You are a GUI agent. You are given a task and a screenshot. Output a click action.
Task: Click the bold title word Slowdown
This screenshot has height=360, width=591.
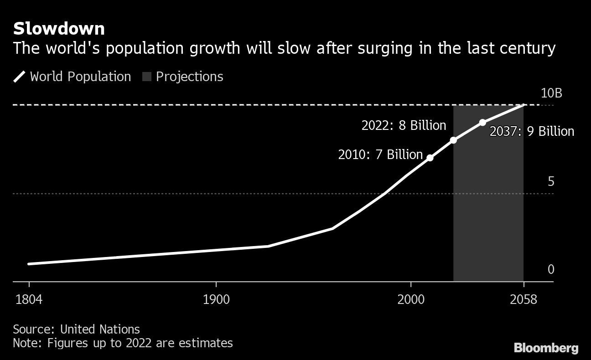(x=59, y=29)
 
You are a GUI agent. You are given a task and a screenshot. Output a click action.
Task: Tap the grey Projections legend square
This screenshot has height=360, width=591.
(x=146, y=77)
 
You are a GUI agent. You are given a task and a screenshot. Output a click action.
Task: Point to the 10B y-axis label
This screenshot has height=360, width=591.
(x=551, y=93)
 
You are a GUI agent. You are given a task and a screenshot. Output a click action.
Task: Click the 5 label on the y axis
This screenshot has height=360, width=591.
(x=551, y=182)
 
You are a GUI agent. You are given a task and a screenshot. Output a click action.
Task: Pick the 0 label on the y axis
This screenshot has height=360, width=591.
(x=551, y=270)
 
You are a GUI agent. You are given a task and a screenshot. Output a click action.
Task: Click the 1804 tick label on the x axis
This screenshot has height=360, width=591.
(x=29, y=300)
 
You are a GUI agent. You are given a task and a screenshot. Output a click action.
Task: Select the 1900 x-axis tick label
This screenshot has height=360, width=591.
(x=216, y=300)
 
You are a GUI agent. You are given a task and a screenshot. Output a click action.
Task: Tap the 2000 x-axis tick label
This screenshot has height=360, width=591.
(x=411, y=300)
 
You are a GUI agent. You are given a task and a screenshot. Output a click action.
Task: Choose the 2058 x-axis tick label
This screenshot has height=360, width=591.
(x=524, y=300)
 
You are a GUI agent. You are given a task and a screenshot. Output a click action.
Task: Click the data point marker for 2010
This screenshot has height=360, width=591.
(x=430, y=158)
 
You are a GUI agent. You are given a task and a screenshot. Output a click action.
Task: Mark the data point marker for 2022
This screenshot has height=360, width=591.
(x=453, y=140)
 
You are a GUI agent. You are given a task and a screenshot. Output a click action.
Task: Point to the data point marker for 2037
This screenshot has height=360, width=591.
(x=482, y=123)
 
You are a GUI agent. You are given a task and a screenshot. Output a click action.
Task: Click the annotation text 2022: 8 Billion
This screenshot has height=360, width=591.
(x=404, y=125)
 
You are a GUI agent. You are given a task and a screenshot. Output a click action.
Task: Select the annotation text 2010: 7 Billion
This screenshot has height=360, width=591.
(x=380, y=154)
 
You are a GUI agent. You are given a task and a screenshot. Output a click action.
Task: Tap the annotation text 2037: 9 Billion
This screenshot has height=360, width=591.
(x=532, y=132)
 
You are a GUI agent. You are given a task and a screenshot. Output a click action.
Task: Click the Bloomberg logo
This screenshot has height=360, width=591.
(x=546, y=348)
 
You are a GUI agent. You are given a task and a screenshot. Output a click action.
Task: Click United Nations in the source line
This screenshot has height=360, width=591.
(x=100, y=329)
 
